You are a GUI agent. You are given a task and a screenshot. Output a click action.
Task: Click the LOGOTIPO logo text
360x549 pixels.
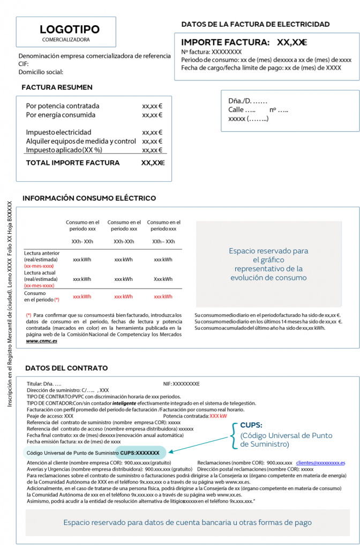click(70, 29)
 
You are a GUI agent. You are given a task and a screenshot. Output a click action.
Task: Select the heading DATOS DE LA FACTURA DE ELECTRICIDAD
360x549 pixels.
click(256, 24)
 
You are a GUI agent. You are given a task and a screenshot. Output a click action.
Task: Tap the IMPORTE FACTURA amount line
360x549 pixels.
click(244, 42)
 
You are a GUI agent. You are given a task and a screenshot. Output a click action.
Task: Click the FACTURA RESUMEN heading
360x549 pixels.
click(57, 87)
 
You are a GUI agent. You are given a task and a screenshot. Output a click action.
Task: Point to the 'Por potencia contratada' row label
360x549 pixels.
click(63, 106)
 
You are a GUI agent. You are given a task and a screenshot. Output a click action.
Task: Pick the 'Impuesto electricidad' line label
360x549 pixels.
click(58, 132)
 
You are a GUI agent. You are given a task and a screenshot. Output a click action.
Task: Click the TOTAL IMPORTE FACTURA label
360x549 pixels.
click(73, 163)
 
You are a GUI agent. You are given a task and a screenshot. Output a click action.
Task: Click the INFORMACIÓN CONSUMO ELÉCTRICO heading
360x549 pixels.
click(89, 198)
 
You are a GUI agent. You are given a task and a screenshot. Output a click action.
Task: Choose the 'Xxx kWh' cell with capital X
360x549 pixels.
click(163, 279)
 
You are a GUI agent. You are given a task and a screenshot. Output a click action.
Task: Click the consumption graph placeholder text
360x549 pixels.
click(268, 264)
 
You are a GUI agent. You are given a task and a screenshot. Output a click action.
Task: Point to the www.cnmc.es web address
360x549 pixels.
click(42, 340)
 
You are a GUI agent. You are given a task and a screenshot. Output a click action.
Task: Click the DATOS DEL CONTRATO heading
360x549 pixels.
click(66, 368)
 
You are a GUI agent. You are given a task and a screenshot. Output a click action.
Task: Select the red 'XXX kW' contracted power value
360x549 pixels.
click(218, 416)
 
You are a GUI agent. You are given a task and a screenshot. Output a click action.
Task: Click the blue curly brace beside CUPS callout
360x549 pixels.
click(234, 434)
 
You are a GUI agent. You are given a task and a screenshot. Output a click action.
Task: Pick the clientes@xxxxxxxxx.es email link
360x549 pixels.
click(320, 462)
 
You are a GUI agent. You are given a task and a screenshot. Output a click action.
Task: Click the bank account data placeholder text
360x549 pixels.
click(187, 522)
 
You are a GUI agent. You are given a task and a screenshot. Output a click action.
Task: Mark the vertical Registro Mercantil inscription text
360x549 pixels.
click(9, 305)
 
